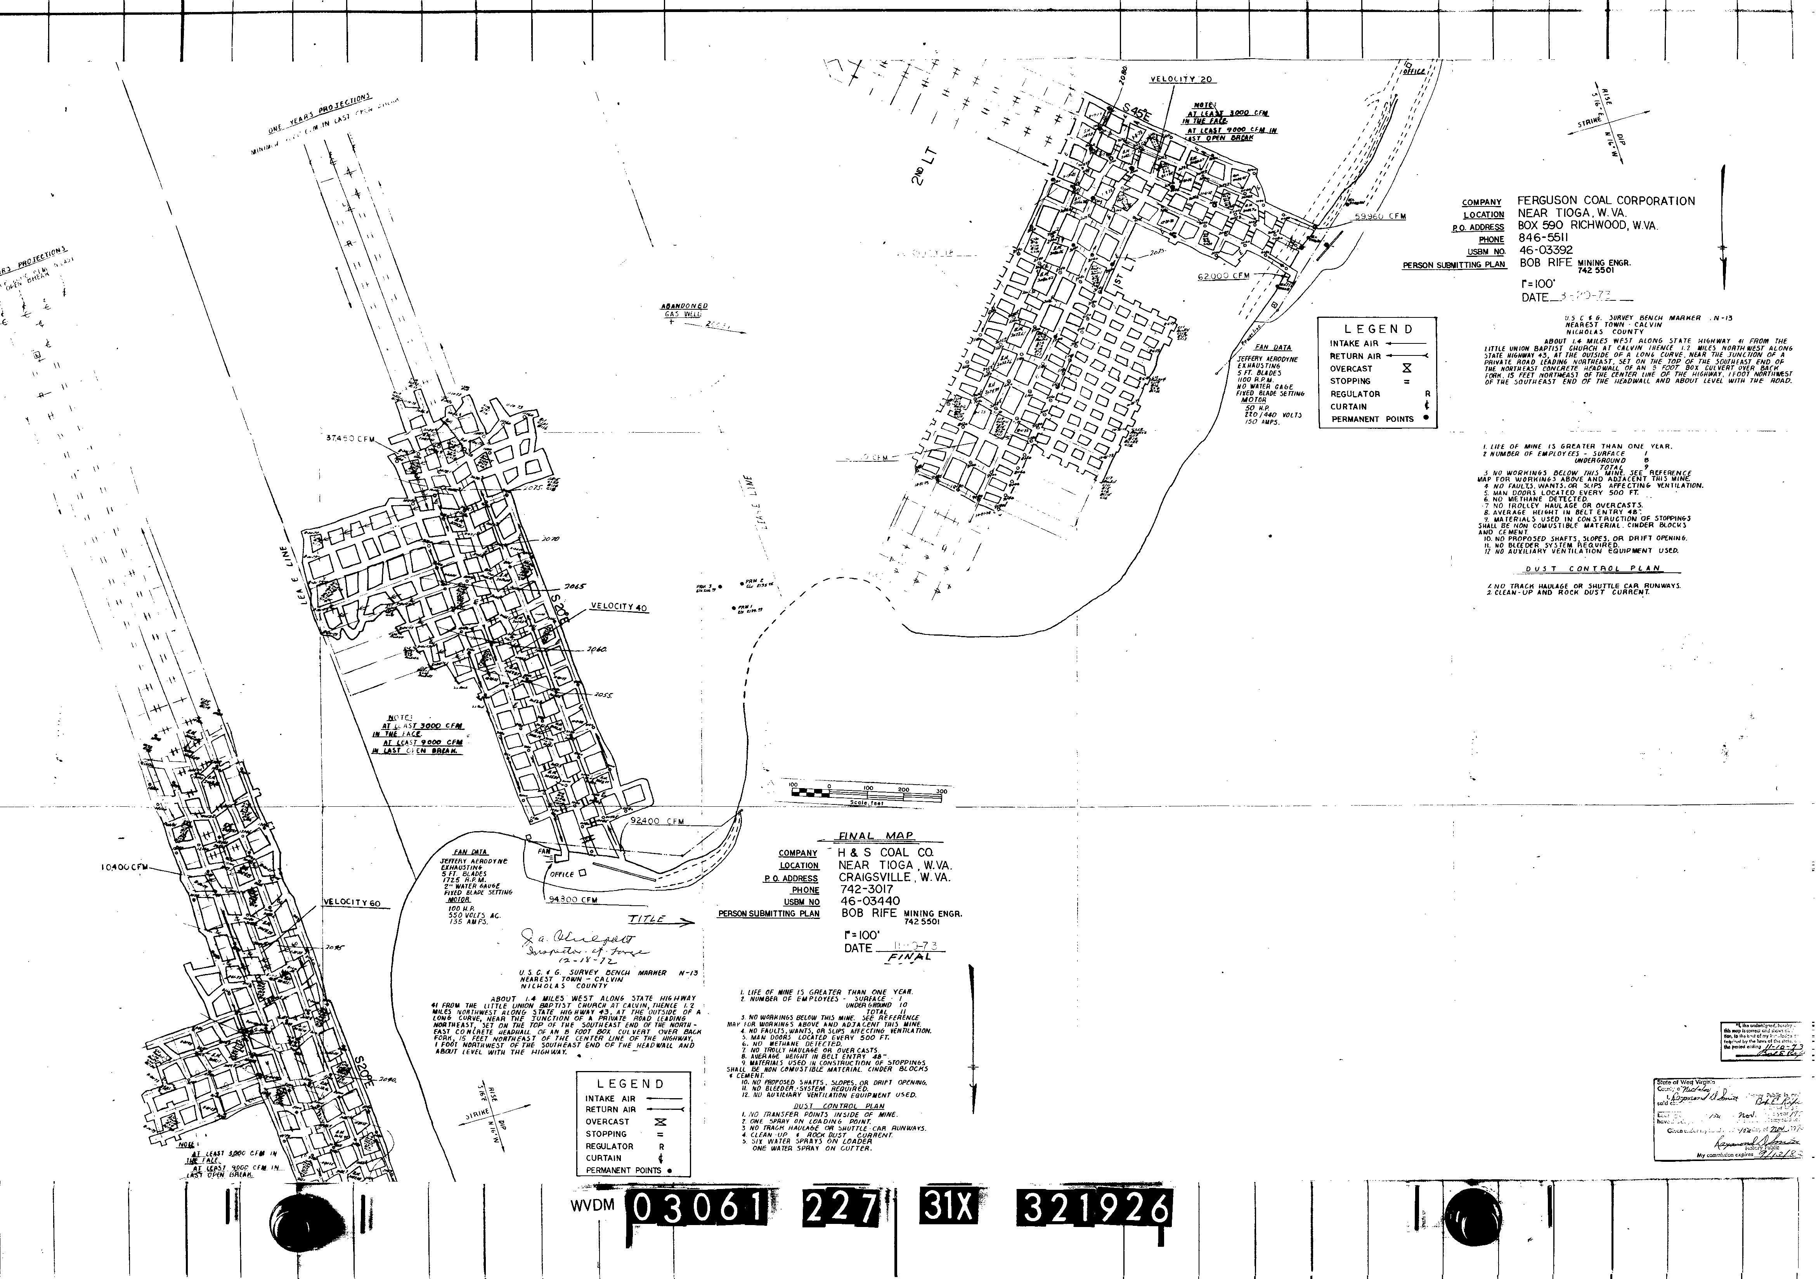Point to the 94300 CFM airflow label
(x=571, y=899)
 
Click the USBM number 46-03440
(x=870, y=902)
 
